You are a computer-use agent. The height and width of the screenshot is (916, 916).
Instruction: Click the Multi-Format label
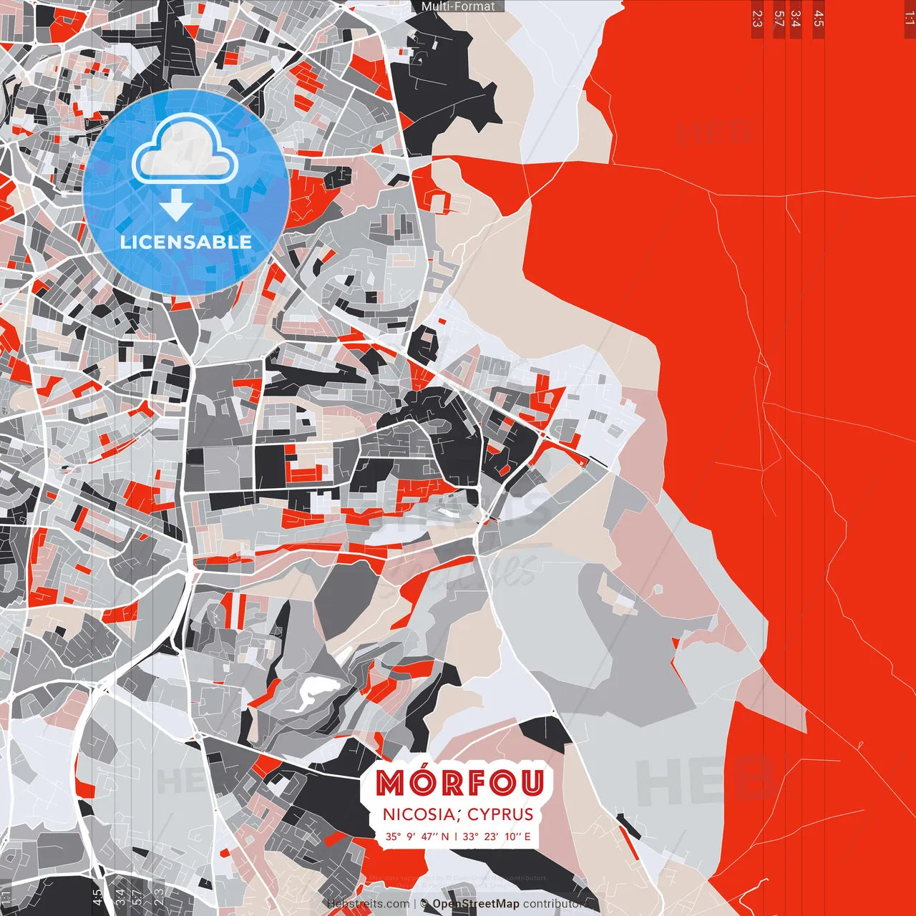[x=458, y=6]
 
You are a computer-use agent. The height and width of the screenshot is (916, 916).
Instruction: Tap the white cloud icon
[x=185, y=149]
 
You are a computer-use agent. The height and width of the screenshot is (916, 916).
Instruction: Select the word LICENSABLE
[x=186, y=242]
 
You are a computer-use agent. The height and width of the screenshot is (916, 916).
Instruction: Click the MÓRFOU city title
[x=459, y=784]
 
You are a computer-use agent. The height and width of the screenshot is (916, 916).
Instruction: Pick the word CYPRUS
[x=500, y=814]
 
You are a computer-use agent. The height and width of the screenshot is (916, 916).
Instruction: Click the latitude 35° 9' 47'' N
[x=417, y=836]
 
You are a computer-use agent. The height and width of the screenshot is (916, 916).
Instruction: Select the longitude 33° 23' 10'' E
[x=497, y=836]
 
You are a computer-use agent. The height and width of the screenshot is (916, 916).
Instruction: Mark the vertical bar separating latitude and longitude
[x=456, y=836]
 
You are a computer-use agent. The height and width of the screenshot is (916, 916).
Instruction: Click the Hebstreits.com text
[x=368, y=904]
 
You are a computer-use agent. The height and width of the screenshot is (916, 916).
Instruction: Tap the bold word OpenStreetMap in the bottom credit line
[x=475, y=904]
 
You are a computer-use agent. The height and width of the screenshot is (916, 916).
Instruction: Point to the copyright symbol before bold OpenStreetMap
[x=424, y=904]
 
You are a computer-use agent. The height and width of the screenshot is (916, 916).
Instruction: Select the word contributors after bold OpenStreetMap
[x=555, y=904]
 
